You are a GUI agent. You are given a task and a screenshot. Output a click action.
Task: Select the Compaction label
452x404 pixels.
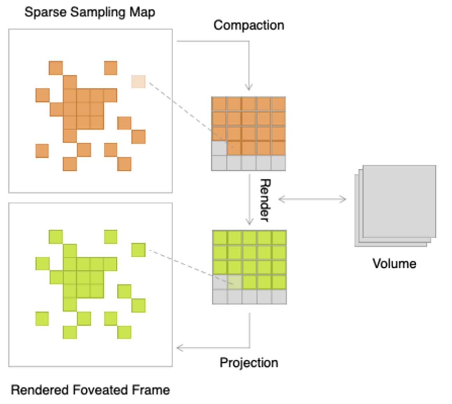(x=249, y=25)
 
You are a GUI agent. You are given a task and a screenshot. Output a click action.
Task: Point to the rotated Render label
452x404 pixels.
(x=265, y=200)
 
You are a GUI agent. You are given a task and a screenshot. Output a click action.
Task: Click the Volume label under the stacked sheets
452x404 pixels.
(x=394, y=264)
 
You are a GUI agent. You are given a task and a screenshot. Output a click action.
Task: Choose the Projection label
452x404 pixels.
(x=249, y=362)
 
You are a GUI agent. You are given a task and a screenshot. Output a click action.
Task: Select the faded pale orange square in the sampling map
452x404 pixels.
(x=138, y=81)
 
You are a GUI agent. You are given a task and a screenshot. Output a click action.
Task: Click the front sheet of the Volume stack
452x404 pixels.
(x=399, y=201)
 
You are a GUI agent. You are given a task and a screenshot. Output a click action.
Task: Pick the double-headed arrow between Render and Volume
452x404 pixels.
(x=312, y=200)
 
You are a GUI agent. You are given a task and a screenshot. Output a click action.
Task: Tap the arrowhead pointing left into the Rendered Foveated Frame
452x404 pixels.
(x=180, y=348)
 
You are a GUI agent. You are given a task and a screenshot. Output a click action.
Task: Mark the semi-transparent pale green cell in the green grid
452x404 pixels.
(x=235, y=282)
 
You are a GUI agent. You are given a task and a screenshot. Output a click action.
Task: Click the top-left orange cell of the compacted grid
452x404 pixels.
(x=219, y=104)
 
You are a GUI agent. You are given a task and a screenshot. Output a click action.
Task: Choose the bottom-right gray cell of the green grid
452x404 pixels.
(x=279, y=297)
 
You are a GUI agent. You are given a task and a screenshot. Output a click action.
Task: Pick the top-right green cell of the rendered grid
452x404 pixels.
(x=279, y=238)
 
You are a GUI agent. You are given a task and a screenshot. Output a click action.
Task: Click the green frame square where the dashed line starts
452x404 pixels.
(x=138, y=250)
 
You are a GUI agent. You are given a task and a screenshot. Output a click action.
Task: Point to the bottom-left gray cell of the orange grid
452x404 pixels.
(x=219, y=163)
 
